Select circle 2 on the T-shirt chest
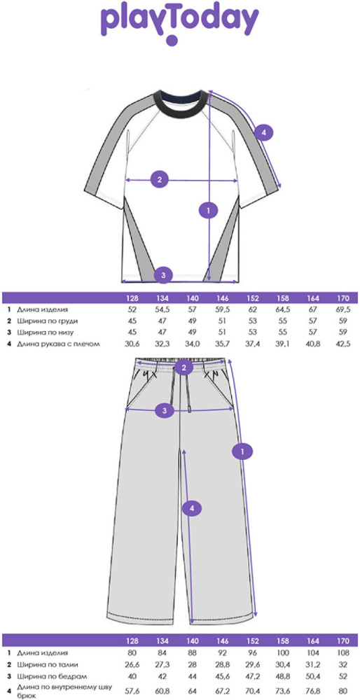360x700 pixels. pos(160,180)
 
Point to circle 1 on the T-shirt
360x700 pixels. pos(208,209)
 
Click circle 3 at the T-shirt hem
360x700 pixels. pos(163,275)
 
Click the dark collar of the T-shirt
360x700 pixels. pos(183,103)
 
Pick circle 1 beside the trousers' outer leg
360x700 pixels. pos(242,451)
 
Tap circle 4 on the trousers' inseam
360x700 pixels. pos(192,507)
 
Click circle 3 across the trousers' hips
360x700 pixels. pos(165,410)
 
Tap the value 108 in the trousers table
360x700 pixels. pos(345,653)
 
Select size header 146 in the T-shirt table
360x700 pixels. pos(223,297)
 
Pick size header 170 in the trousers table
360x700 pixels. pos(345,641)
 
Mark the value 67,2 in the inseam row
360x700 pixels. pos(223,691)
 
